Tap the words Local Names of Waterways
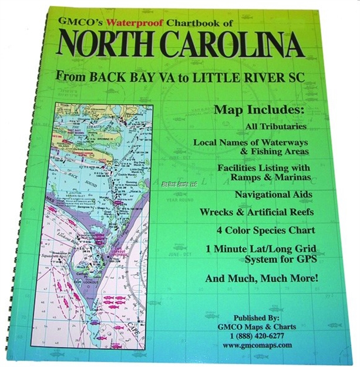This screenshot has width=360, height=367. point(256,142)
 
